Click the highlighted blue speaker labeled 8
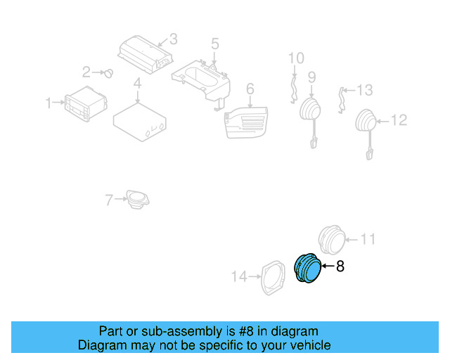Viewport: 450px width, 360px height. [307, 269]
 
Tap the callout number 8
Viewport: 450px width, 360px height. [340, 266]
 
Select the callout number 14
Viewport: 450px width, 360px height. [240, 277]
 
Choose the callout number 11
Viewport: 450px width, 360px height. [368, 240]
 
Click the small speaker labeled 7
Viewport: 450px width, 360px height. [138, 199]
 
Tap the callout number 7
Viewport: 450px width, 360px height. [109, 200]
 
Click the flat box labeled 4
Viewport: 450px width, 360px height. [141, 119]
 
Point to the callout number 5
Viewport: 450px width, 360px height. [215, 44]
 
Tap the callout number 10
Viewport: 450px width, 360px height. [296, 58]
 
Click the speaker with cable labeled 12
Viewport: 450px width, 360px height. [367, 122]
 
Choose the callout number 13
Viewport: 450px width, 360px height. [364, 90]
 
